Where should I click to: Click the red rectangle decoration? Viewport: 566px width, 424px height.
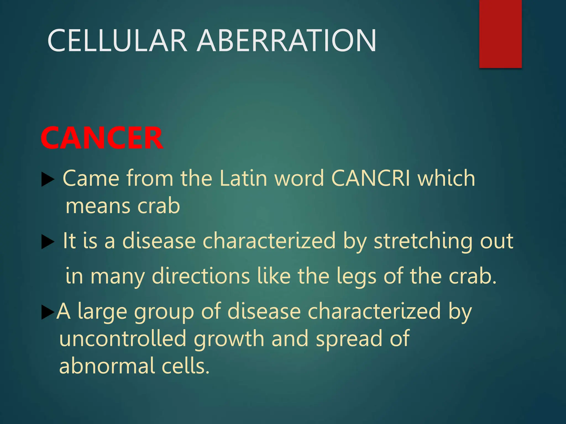pyautogui.click(x=500, y=34)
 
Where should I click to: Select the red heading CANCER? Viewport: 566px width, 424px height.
pyautogui.click(x=102, y=138)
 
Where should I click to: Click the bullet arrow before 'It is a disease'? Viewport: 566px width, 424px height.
pyautogui.click(x=48, y=242)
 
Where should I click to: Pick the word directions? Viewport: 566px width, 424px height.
pyautogui.click(x=201, y=276)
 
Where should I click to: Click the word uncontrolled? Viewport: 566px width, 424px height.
pyautogui.click(x=123, y=339)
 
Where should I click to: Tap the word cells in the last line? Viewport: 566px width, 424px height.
pyautogui.click(x=185, y=366)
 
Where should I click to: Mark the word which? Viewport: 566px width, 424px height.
pyautogui.click(x=446, y=178)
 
